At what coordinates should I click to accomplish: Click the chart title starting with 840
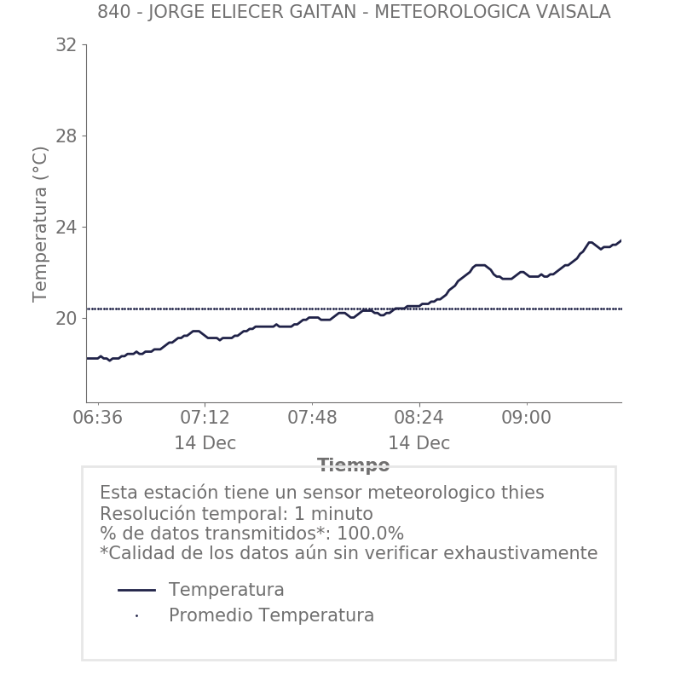coord(354,12)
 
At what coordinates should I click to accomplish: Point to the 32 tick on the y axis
coord(66,45)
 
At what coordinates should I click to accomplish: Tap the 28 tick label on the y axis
coord(66,136)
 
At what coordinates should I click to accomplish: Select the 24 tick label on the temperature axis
coord(66,228)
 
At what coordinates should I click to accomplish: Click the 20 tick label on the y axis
coord(66,319)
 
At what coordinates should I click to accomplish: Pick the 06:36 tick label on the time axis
coord(98,419)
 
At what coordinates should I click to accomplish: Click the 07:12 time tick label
coord(205,419)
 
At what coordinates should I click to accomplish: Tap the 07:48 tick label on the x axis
coord(312,419)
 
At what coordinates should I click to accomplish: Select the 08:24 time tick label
coord(419,419)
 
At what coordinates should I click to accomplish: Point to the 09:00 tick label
coord(526,419)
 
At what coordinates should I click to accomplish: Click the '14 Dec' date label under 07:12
coord(205,444)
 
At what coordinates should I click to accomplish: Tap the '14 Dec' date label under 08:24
coord(419,444)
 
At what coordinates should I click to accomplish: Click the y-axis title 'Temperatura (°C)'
coord(41,223)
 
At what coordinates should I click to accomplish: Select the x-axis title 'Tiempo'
coord(354,465)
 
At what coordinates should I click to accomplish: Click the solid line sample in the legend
coord(136,590)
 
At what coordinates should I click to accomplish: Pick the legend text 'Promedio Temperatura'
coord(271,615)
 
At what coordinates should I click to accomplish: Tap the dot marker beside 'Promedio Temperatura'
coord(136,615)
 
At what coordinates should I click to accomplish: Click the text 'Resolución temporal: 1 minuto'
coord(236,514)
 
